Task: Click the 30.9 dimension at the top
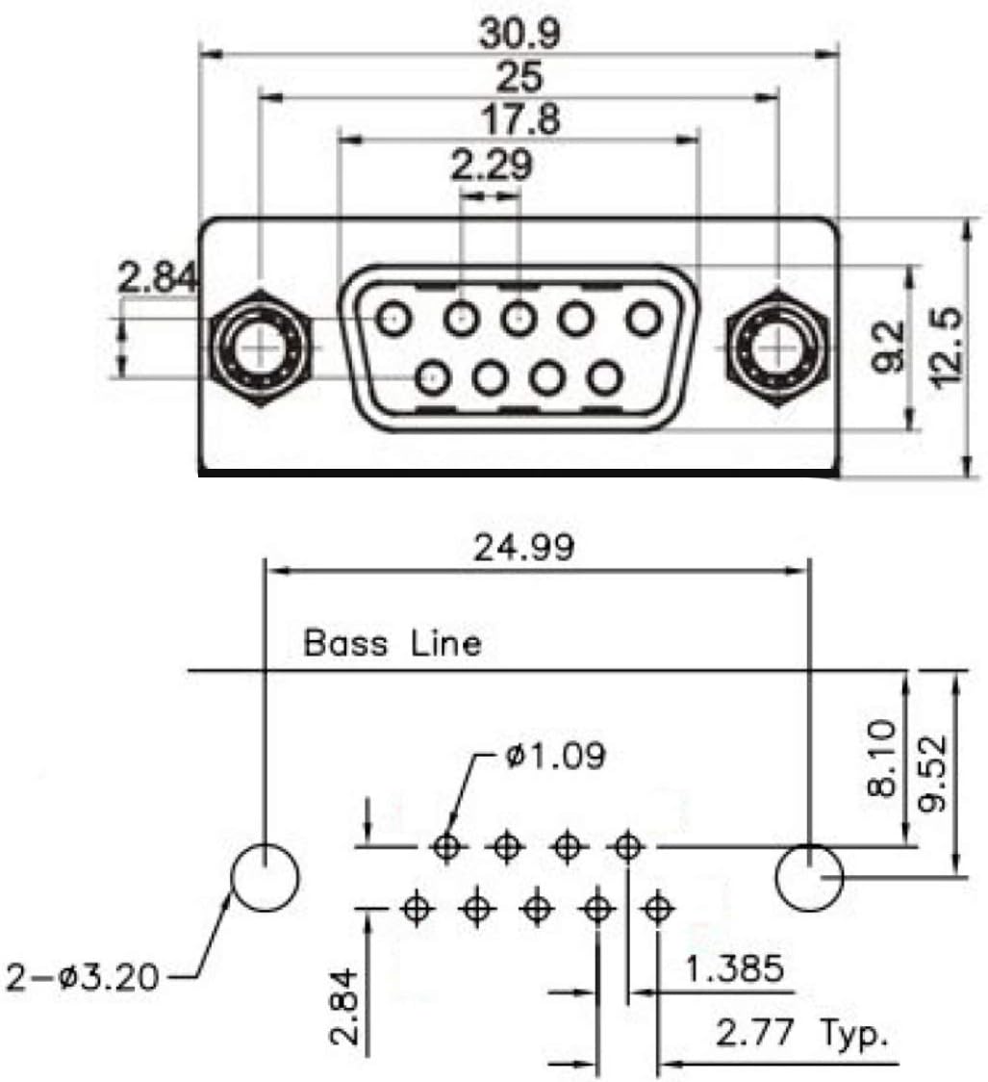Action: coord(519,33)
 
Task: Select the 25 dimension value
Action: coord(519,77)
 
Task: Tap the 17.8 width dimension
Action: coord(519,119)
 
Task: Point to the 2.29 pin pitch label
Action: coord(492,165)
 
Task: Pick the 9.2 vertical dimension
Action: coord(888,347)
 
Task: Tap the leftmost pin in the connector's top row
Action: coord(393,319)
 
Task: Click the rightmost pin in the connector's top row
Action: coord(644,319)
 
